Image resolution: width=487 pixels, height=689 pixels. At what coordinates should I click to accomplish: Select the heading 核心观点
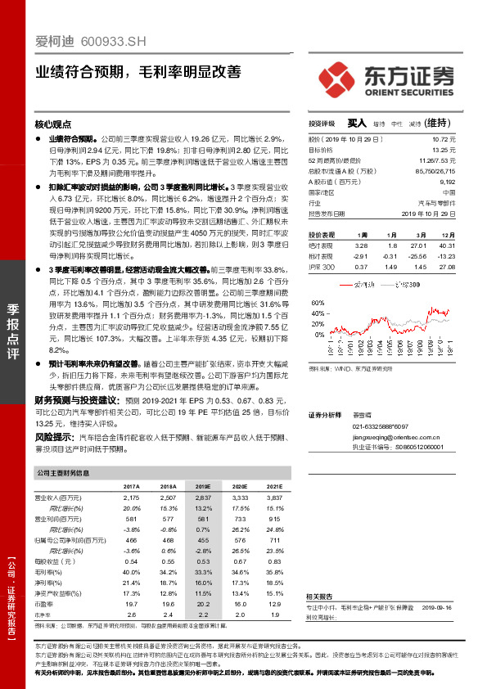pos(53,124)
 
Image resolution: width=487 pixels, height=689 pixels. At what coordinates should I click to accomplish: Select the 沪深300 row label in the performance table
pos(322,267)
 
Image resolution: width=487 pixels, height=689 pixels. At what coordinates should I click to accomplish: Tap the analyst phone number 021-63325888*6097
pos(380,426)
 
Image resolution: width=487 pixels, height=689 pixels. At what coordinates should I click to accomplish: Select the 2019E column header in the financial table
pos(200,486)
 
